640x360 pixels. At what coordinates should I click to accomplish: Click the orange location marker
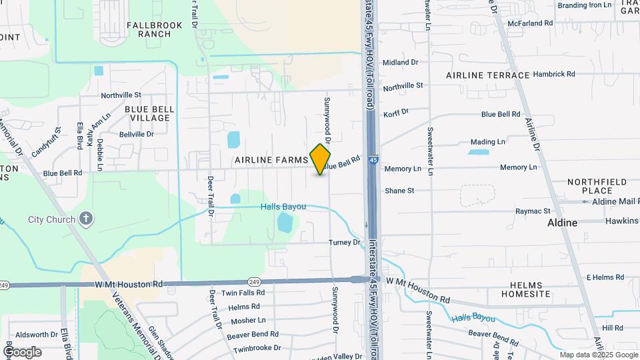[x=321, y=159]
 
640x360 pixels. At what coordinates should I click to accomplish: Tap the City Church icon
[x=85, y=219]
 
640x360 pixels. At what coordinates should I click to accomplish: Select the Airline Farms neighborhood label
[x=271, y=161]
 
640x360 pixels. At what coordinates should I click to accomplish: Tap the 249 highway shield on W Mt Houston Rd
[x=254, y=281]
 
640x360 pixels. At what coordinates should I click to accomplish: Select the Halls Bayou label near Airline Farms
[x=283, y=207]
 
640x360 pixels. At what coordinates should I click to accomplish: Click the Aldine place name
[x=562, y=222]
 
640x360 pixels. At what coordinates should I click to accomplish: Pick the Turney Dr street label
[x=344, y=242]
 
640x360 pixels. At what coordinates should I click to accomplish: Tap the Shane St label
[x=399, y=191]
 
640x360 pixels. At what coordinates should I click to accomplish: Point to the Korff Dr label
[x=396, y=113]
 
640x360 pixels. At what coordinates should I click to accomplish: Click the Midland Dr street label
[x=400, y=62]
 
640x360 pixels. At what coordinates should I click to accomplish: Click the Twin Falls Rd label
[x=243, y=293]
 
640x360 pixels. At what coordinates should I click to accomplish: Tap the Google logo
[x=22, y=351]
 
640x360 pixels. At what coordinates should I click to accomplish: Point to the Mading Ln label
[x=487, y=142]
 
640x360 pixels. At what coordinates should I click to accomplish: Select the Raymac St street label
[x=531, y=211]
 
